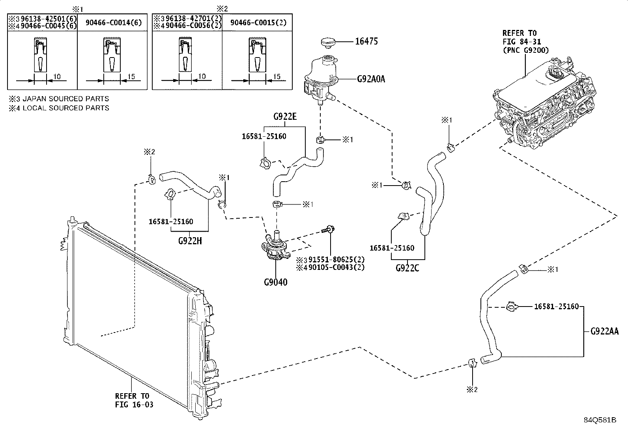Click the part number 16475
[x=366, y=41]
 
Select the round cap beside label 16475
[x=328, y=43]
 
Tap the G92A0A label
[x=371, y=79]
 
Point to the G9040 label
[x=276, y=282]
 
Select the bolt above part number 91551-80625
[x=328, y=230]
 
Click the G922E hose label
[x=285, y=117]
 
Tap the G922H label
[x=190, y=241]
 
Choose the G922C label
[x=407, y=268]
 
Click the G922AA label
[x=604, y=331]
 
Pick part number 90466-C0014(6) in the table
[x=114, y=23]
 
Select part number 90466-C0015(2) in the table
[x=258, y=23]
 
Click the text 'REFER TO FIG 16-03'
[x=134, y=400]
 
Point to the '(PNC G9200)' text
[x=526, y=50]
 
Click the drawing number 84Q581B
[x=600, y=420]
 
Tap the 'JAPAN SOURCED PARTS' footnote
[x=65, y=99]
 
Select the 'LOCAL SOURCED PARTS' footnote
[x=66, y=108]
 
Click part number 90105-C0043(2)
[x=336, y=267]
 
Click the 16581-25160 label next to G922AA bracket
[x=557, y=307]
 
